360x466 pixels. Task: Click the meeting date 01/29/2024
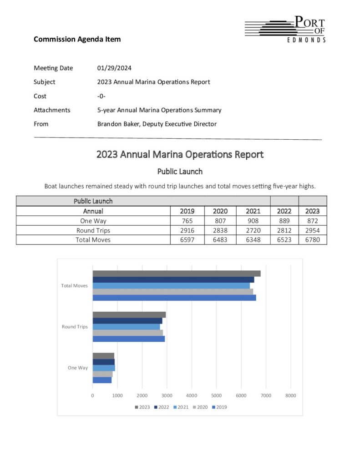click(x=114, y=68)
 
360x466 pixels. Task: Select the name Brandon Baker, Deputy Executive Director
click(x=157, y=124)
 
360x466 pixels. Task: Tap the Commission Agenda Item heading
click(x=77, y=39)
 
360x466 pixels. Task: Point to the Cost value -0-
click(x=101, y=96)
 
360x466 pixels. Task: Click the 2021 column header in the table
click(x=253, y=211)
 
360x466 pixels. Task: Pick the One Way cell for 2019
click(x=187, y=221)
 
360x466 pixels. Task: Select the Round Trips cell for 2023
click(x=312, y=230)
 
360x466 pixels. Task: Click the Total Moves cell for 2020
click(x=220, y=239)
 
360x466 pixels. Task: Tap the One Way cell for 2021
click(x=253, y=221)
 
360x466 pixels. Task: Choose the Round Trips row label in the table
click(x=93, y=230)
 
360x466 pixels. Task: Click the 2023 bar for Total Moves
click(x=177, y=274)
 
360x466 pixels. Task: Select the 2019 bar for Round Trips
click(x=129, y=339)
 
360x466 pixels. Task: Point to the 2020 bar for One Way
click(x=102, y=374)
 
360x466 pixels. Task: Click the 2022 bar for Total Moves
click(x=173, y=279)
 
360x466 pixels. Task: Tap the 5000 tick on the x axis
click(x=216, y=395)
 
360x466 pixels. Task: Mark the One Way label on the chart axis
click(x=78, y=368)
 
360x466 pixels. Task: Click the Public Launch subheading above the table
click(x=180, y=172)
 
